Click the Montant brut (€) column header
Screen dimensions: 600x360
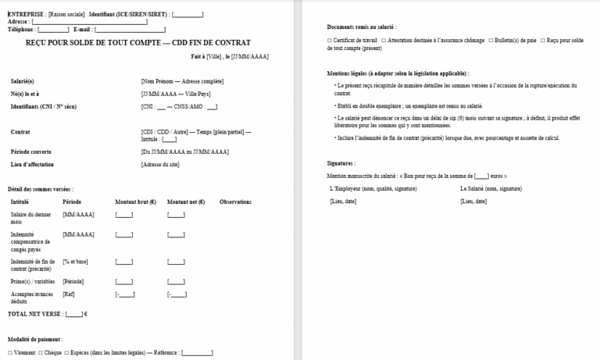pos(133,201)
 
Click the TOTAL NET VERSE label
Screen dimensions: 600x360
pos(34,313)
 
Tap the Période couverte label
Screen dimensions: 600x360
pos(33,151)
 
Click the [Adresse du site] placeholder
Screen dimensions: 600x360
pos(162,165)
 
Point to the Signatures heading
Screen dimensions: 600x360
pos(341,163)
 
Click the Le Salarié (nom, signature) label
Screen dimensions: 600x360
pos(489,189)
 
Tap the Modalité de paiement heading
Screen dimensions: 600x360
pos(37,340)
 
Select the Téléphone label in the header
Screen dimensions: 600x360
pos(21,29)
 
